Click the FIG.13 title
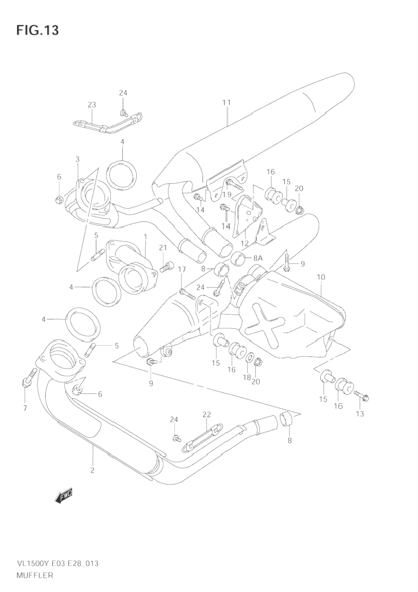(x=37, y=30)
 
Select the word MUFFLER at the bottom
(x=35, y=575)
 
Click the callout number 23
(x=92, y=104)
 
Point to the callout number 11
(x=226, y=102)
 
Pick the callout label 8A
(x=257, y=258)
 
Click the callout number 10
(x=321, y=277)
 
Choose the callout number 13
(x=360, y=413)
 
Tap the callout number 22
(x=207, y=414)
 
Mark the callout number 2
(x=92, y=470)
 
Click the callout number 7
(x=25, y=408)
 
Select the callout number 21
(x=163, y=248)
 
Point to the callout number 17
(x=182, y=269)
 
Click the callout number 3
(x=77, y=159)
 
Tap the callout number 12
(x=245, y=243)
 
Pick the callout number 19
(x=227, y=194)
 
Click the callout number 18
(x=247, y=377)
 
